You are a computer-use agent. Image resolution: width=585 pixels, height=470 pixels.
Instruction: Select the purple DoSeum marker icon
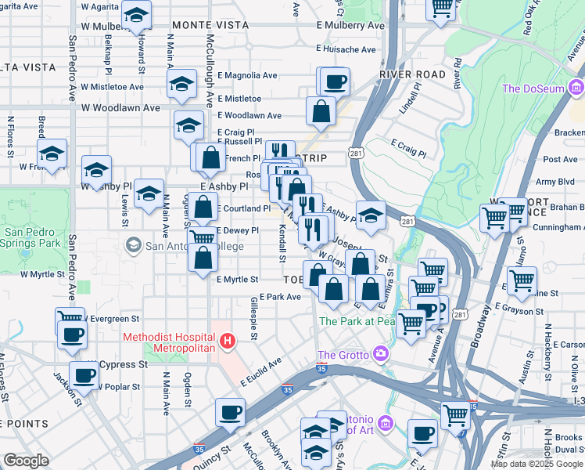click(x=576, y=88)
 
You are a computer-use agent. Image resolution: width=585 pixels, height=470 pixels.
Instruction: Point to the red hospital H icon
click(x=227, y=341)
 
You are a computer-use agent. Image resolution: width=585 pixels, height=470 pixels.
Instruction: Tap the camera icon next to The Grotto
click(x=381, y=354)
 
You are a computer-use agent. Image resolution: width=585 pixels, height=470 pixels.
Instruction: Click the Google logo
click(x=26, y=461)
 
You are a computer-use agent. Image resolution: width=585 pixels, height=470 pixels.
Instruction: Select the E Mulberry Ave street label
click(x=350, y=25)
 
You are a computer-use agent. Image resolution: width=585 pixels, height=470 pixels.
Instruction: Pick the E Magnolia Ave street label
click(x=248, y=75)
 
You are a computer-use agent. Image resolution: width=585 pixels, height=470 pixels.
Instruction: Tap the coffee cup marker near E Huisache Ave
click(x=335, y=81)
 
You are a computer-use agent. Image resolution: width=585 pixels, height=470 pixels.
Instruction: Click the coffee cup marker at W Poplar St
click(x=84, y=375)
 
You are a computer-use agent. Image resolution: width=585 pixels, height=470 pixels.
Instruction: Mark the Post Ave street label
click(x=560, y=159)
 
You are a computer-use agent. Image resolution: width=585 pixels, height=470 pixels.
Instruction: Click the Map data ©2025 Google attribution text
click(x=537, y=463)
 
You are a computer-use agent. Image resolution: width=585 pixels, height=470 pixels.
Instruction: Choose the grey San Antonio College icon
click(x=133, y=246)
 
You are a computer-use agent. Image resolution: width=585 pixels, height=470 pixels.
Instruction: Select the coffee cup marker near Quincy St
click(x=230, y=412)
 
